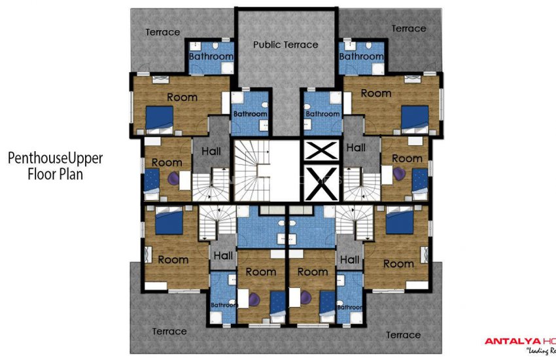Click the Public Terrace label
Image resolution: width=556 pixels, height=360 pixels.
(x=285, y=45)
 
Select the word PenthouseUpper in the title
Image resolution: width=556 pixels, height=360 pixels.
(x=56, y=158)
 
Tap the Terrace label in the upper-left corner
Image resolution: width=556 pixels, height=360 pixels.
(x=162, y=32)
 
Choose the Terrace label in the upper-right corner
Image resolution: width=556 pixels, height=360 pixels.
(x=408, y=28)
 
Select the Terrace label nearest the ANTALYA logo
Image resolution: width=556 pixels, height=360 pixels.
(x=403, y=334)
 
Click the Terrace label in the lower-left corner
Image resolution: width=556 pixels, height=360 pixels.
(x=169, y=331)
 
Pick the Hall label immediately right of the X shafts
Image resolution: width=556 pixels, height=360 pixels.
(x=356, y=148)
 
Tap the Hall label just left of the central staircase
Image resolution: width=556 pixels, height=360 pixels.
(x=211, y=151)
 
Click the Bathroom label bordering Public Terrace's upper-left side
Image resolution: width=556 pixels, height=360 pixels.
(x=211, y=56)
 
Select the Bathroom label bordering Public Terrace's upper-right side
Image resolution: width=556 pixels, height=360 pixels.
(x=361, y=56)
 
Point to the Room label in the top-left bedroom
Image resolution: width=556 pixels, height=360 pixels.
(x=182, y=97)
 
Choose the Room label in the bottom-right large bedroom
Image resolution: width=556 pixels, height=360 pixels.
(x=398, y=264)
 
